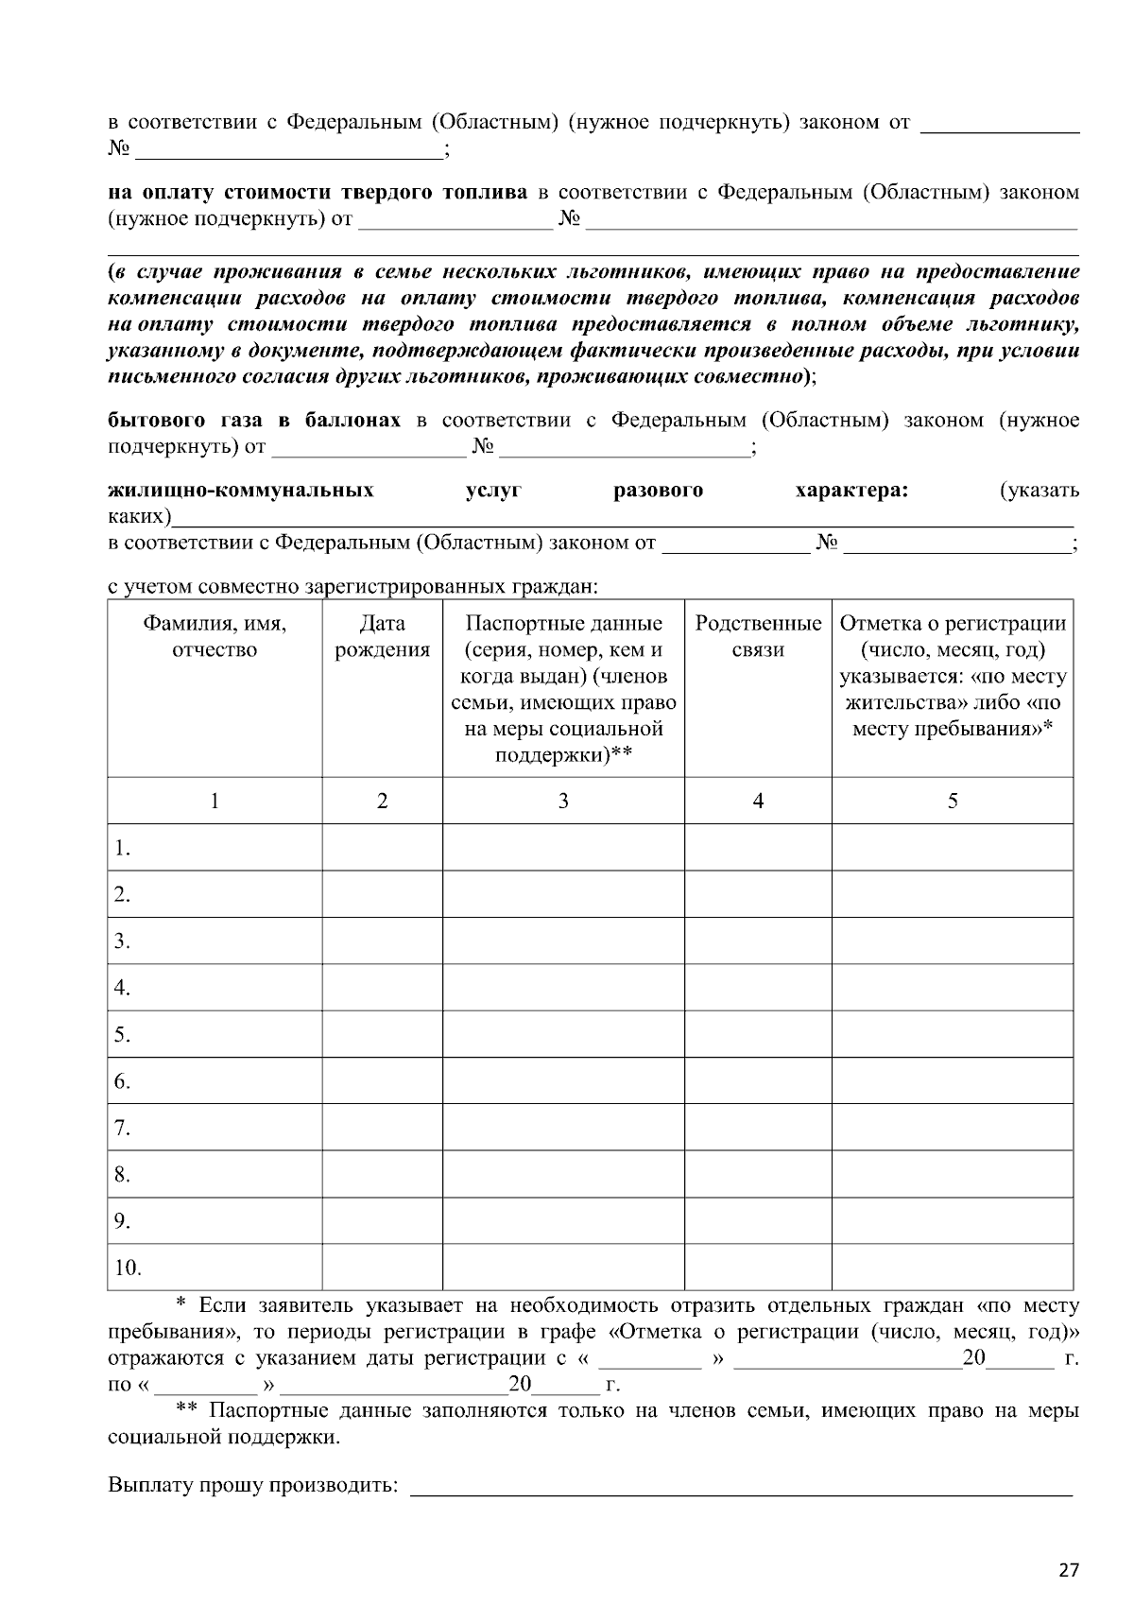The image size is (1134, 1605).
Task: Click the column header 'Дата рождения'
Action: (x=382, y=636)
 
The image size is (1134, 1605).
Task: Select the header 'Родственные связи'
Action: (x=758, y=636)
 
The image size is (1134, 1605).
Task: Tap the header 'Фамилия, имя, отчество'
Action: (x=215, y=636)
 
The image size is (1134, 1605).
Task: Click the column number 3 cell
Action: (x=563, y=801)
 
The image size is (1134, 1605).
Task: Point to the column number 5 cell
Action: (x=953, y=801)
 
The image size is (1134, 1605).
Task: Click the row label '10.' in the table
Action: (x=128, y=1268)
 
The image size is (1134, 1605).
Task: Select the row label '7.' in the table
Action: (x=122, y=1128)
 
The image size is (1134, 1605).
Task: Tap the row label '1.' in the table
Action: (x=122, y=848)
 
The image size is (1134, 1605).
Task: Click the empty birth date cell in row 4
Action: (x=382, y=988)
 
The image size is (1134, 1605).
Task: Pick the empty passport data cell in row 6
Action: (x=563, y=1080)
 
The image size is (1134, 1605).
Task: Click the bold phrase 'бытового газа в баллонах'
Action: (x=254, y=420)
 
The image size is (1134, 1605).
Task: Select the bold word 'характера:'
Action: (x=851, y=490)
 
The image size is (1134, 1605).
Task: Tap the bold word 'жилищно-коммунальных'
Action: (x=241, y=490)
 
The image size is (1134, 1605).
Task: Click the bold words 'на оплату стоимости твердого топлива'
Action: (x=318, y=193)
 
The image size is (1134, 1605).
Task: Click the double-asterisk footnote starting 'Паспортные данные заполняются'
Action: (x=593, y=1424)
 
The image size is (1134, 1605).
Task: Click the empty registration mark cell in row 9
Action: (x=953, y=1220)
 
